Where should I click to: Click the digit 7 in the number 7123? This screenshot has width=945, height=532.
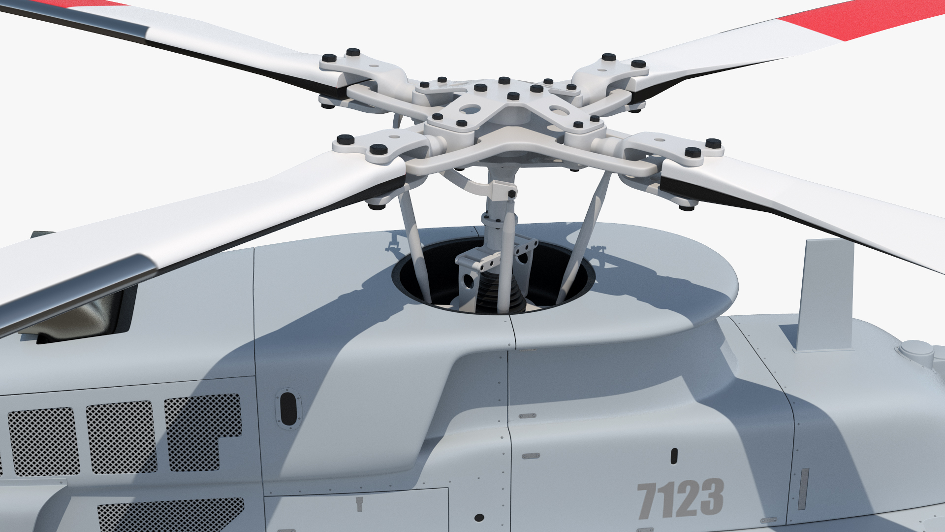pyautogui.click(x=649, y=500)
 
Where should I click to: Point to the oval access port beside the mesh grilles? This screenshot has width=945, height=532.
pyautogui.click(x=288, y=407)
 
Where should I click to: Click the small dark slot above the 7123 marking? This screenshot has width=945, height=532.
pyautogui.click(x=674, y=456)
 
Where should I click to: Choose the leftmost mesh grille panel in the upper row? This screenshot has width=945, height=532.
pyautogui.click(x=43, y=441)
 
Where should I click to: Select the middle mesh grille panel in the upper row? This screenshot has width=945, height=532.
pyautogui.click(x=122, y=436)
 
